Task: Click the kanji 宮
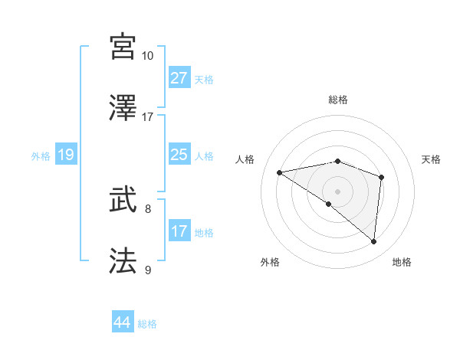tap(123, 47)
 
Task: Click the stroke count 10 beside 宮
tap(148, 56)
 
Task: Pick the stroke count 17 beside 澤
tap(148, 117)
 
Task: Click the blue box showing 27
tap(179, 77)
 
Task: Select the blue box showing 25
tap(179, 155)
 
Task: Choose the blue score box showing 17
tap(179, 231)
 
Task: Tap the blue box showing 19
tap(66, 155)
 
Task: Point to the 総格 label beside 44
tap(147, 324)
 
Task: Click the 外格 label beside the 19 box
tap(41, 156)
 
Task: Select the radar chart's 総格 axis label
tap(337, 100)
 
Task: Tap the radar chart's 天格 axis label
tap(432, 159)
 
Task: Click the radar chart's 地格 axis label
tap(402, 262)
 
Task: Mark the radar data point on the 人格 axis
tap(280, 172)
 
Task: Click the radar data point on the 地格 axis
tap(373, 241)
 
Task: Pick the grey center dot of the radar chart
tap(337, 191)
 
